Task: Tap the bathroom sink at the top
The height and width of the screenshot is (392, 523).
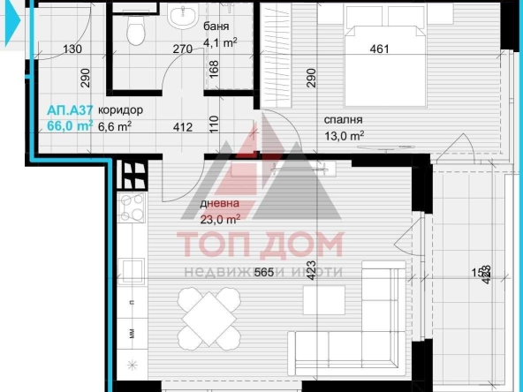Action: (x=185, y=16)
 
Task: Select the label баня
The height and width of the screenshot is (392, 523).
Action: (x=217, y=26)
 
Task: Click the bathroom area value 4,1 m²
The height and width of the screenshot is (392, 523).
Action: (x=219, y=41)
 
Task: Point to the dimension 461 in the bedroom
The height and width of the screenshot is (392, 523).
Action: (x=379, y=49)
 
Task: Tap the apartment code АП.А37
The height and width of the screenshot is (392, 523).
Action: (x=71, y=110)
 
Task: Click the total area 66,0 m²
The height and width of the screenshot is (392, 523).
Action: (x=70, y=126)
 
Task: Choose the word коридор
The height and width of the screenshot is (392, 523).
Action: (x=121, y=110)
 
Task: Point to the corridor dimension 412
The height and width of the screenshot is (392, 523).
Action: (x=182, y=127)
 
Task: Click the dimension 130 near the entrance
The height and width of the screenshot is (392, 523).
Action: (x=72, y=49)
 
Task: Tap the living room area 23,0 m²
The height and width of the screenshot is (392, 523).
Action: (x=221, y=220)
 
